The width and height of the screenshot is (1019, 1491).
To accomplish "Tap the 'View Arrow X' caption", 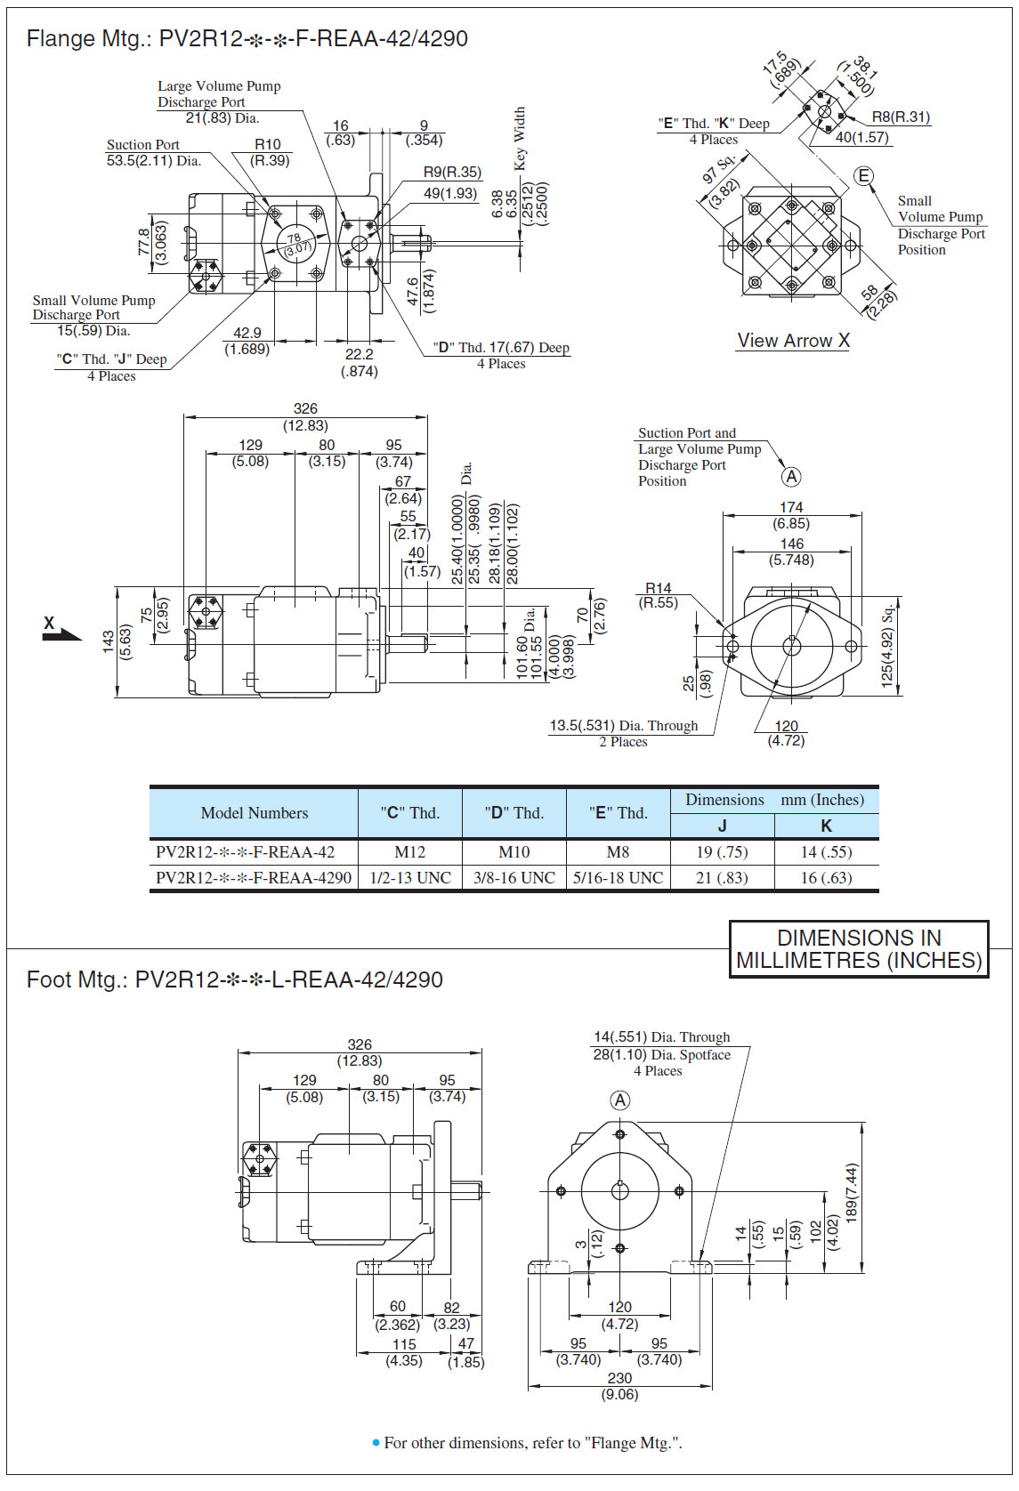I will pyautogui.click(x=793, y=340).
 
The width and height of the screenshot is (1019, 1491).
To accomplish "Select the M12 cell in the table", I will pyautogui.click(x=409, y=851).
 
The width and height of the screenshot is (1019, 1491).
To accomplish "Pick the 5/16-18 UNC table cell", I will pyautogui.click(x=618, y=877).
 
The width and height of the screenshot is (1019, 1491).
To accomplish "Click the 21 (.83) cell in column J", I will pyautogui.click(x=722, y=877).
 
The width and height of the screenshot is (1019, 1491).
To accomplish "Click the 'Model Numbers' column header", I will pyautogui.click(x=255, y=812).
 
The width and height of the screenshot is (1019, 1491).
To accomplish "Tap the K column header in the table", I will pyautogui.click(x=826, y=826).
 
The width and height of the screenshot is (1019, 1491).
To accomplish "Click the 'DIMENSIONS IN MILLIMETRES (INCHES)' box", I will pyautogui.click(x=859, y=949).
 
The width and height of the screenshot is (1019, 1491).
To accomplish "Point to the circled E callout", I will pyautogui.click(x=863, y=176).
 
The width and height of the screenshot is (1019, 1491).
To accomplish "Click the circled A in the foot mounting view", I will pyautogui.click(x=620, y=1100).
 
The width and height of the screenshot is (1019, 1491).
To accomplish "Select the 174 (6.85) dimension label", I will pyautogui.click(x=791, y=515).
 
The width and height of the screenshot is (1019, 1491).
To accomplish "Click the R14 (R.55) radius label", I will pyautogui.click(x=659, y=595).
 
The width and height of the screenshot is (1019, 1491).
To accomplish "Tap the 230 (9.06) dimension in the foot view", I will pyautogui.click(x=619, y=1385).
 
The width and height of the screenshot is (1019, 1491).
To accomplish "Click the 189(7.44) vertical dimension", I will pyautogui.click(x=851, y=1193).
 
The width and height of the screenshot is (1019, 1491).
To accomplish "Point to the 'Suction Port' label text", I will pyautogui.click(x=142, y=144).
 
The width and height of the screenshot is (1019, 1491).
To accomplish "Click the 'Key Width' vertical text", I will pyautogui.click(x=520, y=138).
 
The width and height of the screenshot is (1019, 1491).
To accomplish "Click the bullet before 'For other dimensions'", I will pyautogui.click(x=376, y=1442).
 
